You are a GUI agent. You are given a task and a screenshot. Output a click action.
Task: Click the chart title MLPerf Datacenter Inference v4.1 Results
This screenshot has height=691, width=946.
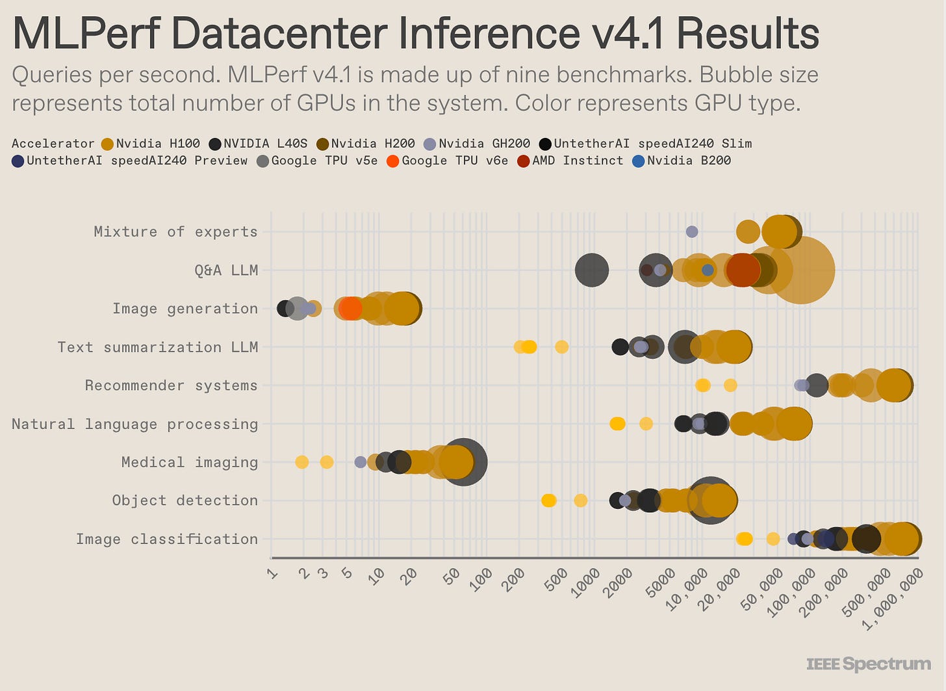pyautogui.click(x=416, y=34)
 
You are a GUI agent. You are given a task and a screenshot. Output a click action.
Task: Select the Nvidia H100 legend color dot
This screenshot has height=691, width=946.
pyautogui.click(x=107, y=144)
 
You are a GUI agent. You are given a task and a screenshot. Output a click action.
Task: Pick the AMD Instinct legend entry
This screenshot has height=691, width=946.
pyautogui.click(x=570, y=161)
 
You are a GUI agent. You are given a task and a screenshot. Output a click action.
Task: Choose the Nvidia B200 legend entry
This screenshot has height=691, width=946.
pyautogui.click(x=681, y=161)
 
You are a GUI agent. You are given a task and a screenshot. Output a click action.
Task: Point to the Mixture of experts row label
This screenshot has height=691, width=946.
pyautogui.click(x=175, y=232)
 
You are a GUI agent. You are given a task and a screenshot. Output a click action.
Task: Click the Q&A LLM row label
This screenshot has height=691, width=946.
pyautogui.click(x=226, y=270)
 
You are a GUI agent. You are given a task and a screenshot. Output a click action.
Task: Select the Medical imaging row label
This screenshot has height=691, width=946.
pyautogui.click(x=189, y=462)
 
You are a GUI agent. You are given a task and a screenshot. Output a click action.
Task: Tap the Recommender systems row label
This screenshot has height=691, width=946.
pyautogui.click(x=171, y=385)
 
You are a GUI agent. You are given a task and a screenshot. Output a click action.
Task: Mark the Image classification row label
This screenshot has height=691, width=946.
pyautogui.click(x=166, y=539)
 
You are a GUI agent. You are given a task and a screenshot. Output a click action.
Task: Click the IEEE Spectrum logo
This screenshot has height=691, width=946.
pyautogui.click(x=868, y=664)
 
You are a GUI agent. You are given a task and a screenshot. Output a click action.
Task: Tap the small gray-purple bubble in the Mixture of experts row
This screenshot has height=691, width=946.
pyautogui.click(x=692, y=232)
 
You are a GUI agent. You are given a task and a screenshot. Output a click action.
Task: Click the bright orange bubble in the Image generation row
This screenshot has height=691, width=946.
pyautogui.click(x=351, y=308)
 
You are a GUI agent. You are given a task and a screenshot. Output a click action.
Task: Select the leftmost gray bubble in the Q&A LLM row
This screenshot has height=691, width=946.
pyautogui.click(x=592, y=270)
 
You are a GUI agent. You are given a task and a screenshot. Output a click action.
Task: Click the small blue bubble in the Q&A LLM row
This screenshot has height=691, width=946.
pyautogui.click(x=708, y=270)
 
